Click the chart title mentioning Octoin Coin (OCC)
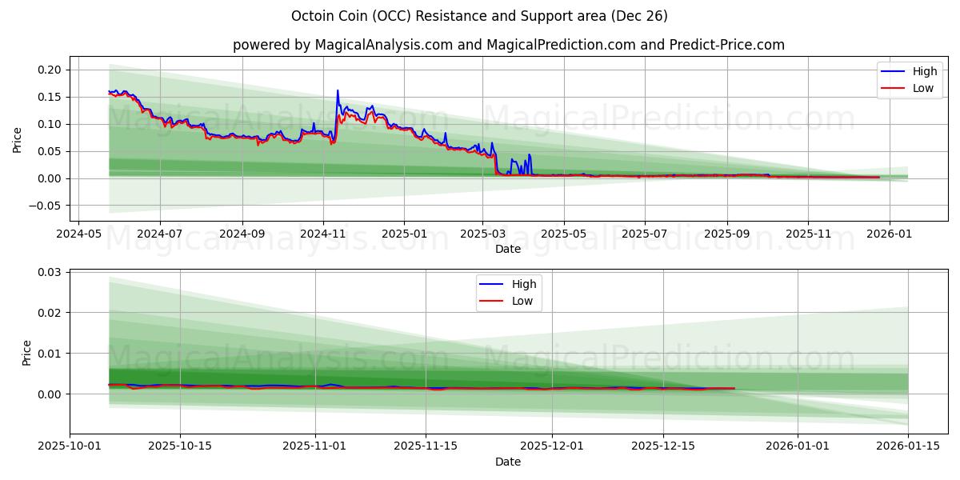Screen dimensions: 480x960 pyautogui.click(x=479, y=16)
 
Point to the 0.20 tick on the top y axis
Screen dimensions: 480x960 pyautogui.click(x=50, y=70)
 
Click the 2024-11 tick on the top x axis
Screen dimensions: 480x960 pyautogui.click(x=323, y=234)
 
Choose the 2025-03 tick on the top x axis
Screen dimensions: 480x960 pyautogui.click(x=482, y=234)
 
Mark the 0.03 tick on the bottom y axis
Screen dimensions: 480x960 pyautogui.click(x=50, y=272)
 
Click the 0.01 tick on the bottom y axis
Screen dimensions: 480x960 pyautogui.click(x=50, y=354)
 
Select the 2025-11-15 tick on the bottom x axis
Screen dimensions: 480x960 pyautogui.click(x=426, y=446)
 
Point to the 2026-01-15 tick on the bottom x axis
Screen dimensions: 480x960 pyautogui.click(x=908, y=446)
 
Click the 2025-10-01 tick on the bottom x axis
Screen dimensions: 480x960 pyautogui.click(x=70, y=446)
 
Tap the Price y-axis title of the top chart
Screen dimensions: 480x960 pyautogui.click(x=18, y=139)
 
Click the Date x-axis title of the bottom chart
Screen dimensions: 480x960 pyautogui.click(x=508, y=462)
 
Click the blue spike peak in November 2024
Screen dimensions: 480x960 pyautogui.click(x=338, y=90)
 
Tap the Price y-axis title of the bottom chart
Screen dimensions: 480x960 pyautogui.click(x=26, y=353)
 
